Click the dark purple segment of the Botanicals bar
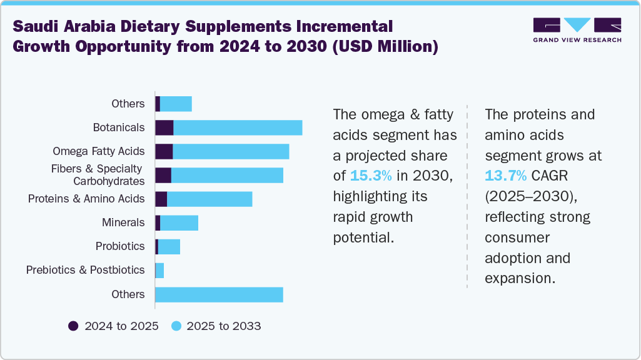(x=164, y=127)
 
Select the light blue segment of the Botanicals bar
(x=238, y=127)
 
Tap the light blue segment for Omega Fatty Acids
(x=231, y=151)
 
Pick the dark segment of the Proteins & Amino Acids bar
(x=161, y=199)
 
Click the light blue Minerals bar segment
(x=179, y=222)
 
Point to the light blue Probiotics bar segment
(x=169, y=246)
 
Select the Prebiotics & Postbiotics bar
(x=159, y=270)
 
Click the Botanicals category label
(x=119, y=127)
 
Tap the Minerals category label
(x=123, y=222)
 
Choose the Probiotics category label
(x=120, y=246)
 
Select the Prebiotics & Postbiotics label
(x=85, y=270)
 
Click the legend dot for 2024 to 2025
(x=73, y=326)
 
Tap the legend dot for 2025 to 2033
(x=176, y=326)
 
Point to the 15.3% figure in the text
(x=371, y=175)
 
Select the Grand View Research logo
(x=577, y=29)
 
